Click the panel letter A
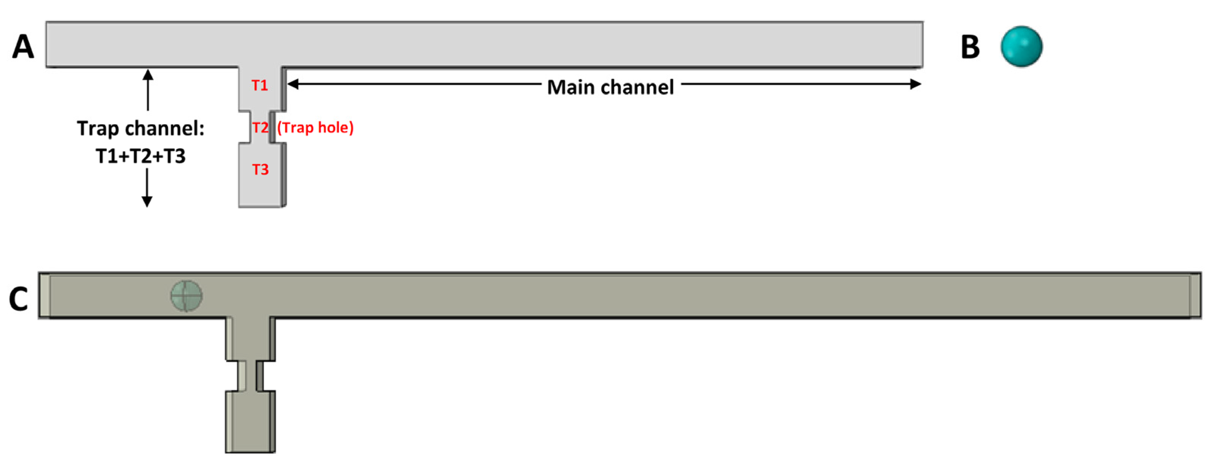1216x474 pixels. pyautogui.click(x=23, y=47)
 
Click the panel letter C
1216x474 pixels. pyautogui.click(x=19, y=299)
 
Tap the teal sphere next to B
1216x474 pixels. pyautogui.click(x=1021, y=46)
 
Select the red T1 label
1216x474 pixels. pyautogui.click(x=260, y=85)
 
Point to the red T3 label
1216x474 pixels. pyautogui.click(x=260, y=170)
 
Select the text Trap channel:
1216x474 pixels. pyautogui.click(x=141, y=128)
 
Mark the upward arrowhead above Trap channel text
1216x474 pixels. pyautogui.click(x=148, y=75)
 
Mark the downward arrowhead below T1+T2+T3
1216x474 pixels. pyautogui.click(x=147, y=202)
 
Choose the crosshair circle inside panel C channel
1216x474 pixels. pyautogui.click(x=187, y=296)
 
